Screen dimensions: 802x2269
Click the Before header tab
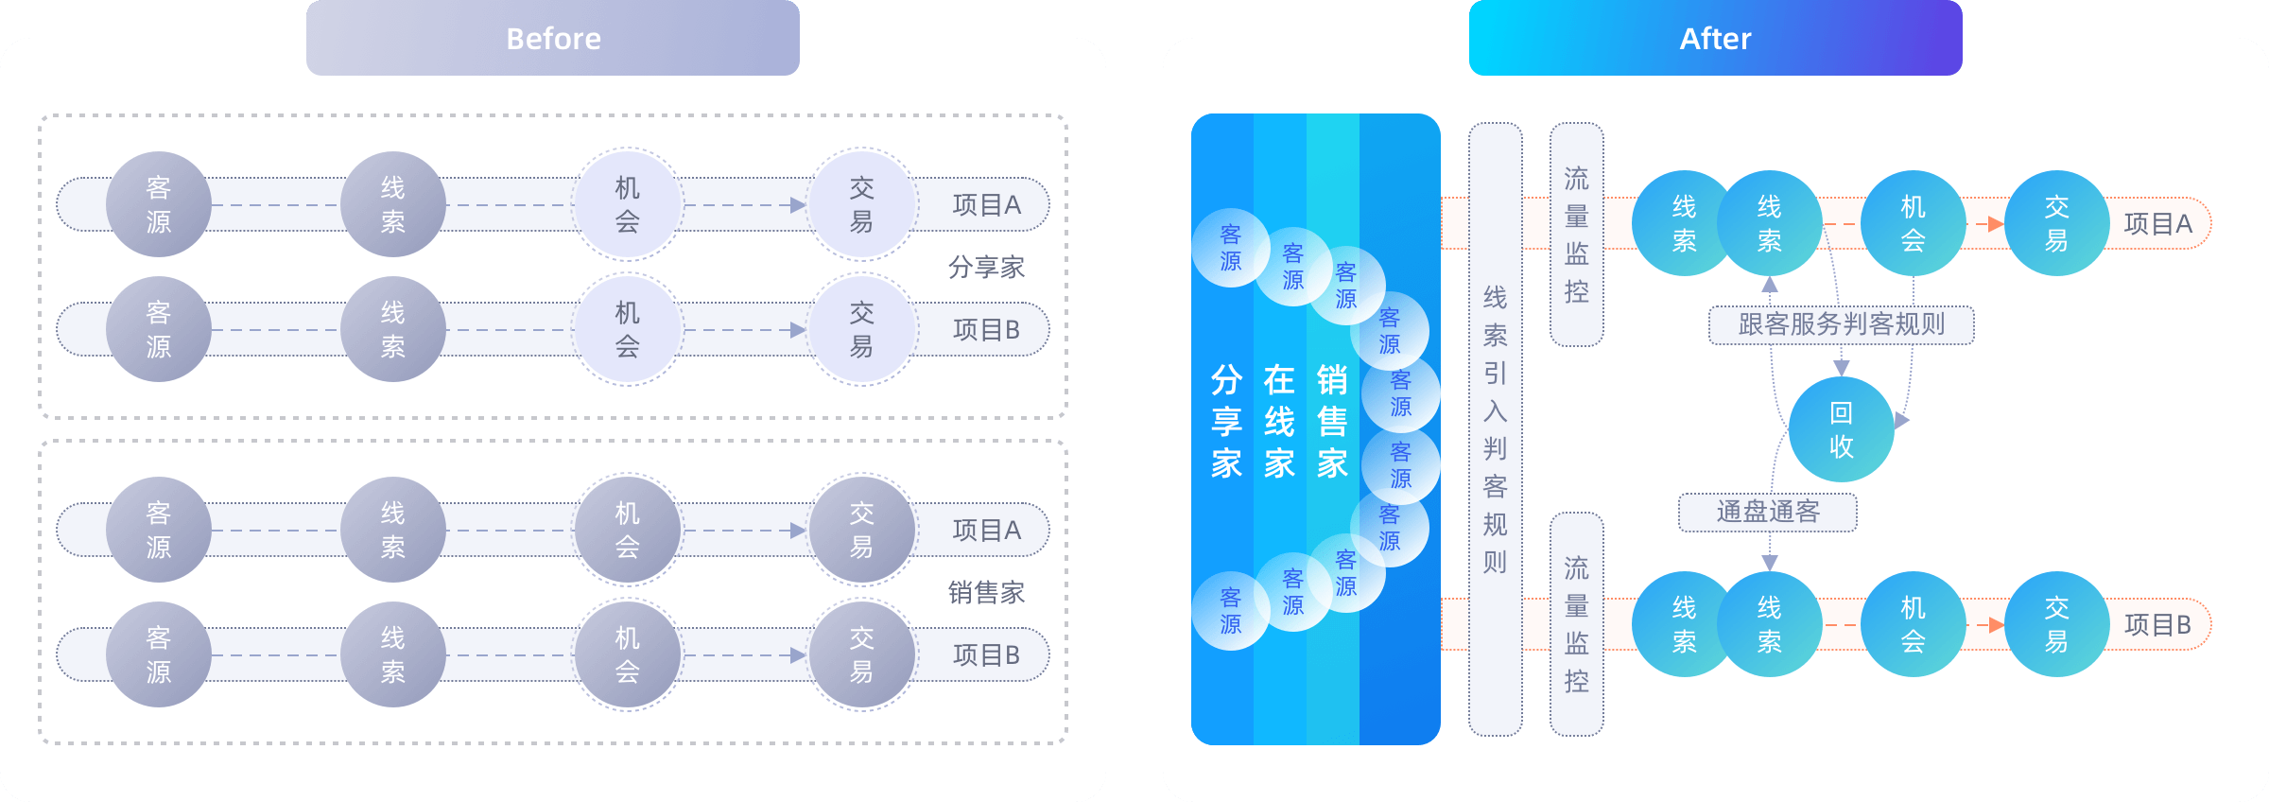click(x=553, y=39)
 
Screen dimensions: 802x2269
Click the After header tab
click(x=1715, y=39)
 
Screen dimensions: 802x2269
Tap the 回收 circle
click(x=1841, y=429)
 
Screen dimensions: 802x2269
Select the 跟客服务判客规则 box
click(x=1841, y=324)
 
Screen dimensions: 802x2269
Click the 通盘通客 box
click(x=1767, y=512)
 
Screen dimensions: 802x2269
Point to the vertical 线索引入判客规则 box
click(x=1495, y=429)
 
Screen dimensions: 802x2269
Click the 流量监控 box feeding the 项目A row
click(x=1576, y=235)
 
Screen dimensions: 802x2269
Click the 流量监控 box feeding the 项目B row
click(x=1576, y=624)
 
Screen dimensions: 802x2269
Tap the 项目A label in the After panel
click(x=2157, y=224)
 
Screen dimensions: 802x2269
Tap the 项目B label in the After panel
click(x=2157, y=625)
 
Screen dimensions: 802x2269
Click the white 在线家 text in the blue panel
click(x=1279, y=422)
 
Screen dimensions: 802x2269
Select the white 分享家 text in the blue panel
click(x=1226, y=422)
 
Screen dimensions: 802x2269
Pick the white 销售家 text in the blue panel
click(x=1332, y=422)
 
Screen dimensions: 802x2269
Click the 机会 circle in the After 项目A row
click(x=1913, y=224)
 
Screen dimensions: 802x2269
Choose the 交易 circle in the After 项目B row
click(x=2056, y=625)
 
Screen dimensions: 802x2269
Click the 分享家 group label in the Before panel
click(x=986, y=268)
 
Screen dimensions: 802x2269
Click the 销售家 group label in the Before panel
click(x=986, y=593)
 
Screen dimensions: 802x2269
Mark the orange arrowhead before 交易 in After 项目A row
click(x=1996, y=224)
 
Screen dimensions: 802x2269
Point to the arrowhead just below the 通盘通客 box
click(x=1770, y=563)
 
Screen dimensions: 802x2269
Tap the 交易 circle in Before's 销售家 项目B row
click(x=861, y=655)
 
